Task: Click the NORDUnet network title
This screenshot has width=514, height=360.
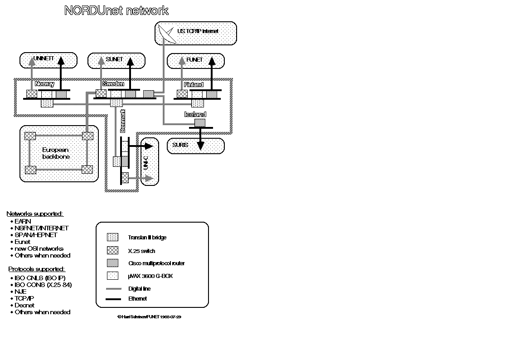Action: tap(116, 11)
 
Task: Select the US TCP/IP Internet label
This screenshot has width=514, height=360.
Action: tap(198, 31)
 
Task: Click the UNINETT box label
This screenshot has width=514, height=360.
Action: tap(44, 58)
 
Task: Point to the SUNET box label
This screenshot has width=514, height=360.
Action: tap(114, 59)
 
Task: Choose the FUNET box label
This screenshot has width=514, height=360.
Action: tap(194, 59)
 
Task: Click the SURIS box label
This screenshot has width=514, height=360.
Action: tap(180, 145)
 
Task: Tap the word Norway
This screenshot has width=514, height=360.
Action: tap(44, 84)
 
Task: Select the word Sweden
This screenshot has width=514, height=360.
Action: tap(113, 84)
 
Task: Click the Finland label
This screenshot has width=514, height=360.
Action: tap(194, 84)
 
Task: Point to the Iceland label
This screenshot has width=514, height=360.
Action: tap(195, 114)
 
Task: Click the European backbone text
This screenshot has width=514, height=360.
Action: tap(56, 153)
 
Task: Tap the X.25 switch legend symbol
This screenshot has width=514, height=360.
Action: tap(112, 250)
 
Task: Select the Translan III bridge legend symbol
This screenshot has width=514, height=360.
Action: tap(112, 237)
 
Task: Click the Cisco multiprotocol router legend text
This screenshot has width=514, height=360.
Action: tap(156, 263)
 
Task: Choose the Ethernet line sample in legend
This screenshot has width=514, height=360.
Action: tap(113, 299)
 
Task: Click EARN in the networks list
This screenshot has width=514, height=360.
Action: tap(23, 221)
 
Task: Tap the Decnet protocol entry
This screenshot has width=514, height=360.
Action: tap(24, 305)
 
